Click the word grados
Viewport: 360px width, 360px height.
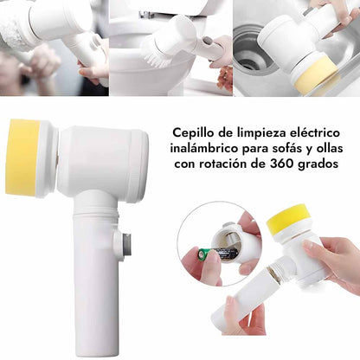point(318,164)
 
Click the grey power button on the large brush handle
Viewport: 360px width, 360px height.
point(126,244)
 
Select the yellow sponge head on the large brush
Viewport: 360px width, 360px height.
point(23,157)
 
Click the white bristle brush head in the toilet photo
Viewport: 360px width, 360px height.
point(153,49)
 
